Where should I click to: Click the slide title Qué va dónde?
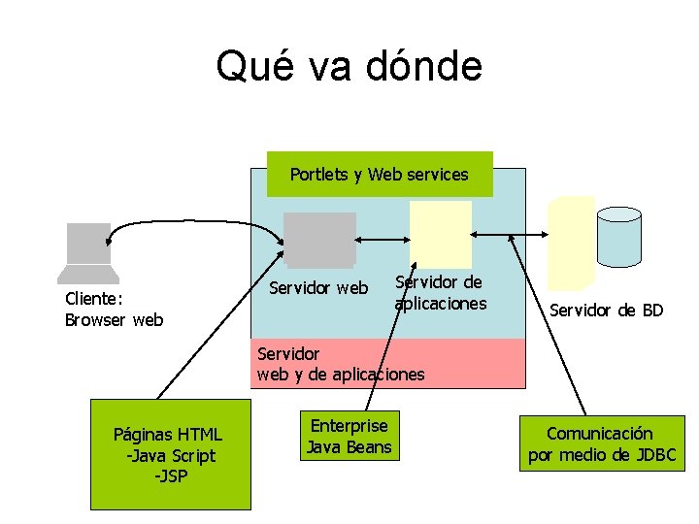[x=349, y=67]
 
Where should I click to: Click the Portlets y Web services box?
[x=380, y=175]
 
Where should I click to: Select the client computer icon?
[x=87, y=251]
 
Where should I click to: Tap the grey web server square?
[x=318, y=239]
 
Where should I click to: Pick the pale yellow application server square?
[x=440, y=234]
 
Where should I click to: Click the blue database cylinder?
[x=618, y=236]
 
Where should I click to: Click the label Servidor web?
[x=318, y=288]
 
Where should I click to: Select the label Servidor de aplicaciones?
[x=440, y=293]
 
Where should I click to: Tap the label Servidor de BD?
[x=606, y=311]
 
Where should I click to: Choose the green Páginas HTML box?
[x=170, y=454]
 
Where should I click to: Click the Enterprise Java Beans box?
[x=349, y=437]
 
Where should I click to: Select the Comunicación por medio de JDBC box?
[x=601, y=443]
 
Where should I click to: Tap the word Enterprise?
[x=349, y=426]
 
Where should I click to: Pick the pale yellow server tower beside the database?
[x=571, y=243]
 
